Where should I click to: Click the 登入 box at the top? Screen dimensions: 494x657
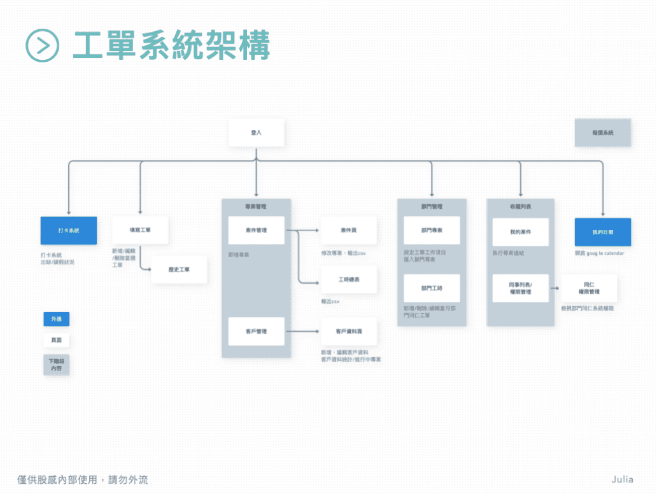tap(256, 132)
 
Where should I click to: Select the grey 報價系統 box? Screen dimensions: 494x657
tap(602, 132)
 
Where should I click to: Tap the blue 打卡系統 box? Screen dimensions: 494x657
tap(69, 230)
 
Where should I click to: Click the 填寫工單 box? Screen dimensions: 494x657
tap(140, 230)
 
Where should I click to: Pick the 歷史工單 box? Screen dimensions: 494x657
tap(179, 269)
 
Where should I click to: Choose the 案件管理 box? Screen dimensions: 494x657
tap(256, 230)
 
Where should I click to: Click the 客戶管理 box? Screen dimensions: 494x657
tap(256, 331)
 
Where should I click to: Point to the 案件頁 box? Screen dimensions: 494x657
tap(349, 230)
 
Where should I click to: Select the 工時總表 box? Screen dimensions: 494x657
tap(349, 280)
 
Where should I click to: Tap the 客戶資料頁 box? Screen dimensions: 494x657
tap(349, 331)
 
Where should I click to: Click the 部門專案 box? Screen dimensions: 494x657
tap(432, 230)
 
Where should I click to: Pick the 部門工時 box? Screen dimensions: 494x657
tap(432, 288)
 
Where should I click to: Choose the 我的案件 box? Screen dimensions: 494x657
tap(520, 232)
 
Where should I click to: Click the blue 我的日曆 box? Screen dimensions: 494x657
tap(602, 232)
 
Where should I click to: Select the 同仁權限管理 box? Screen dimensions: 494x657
tap(589, 288)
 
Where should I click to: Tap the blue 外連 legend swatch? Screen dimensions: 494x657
tap(57, 319)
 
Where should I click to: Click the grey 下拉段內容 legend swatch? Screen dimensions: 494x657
tap(57, 365)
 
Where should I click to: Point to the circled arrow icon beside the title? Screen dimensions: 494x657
tap(43, 45)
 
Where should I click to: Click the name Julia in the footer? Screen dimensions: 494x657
tap(622, 479)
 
